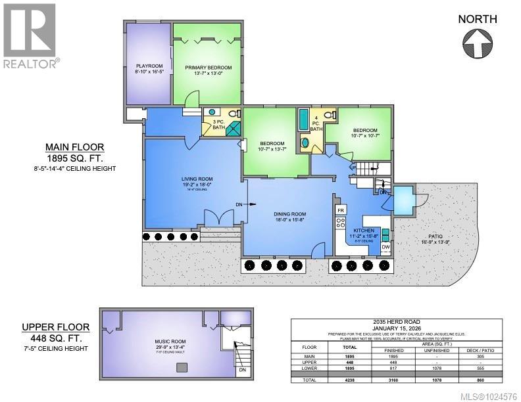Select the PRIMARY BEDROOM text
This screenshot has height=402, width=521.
click(209, 68)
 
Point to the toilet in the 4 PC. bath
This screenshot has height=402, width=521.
click(336, 115)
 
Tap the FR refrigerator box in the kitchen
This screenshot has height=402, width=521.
click(341, 210)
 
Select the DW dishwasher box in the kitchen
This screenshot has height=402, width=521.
click(386, 248)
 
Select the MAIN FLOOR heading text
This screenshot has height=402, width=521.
click(74, 147)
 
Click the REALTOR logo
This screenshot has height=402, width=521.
click(30, 34)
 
